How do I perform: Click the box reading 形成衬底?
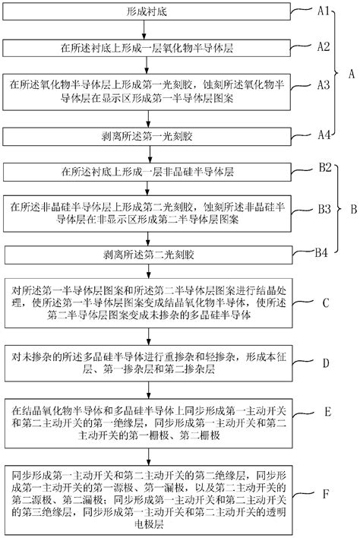coord(150,14)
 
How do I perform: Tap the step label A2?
coord(323,46)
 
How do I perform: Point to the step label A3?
coord(323,85)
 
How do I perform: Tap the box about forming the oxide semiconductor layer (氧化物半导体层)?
coord(150,47)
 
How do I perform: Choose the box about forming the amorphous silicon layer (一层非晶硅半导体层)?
coord(150,172)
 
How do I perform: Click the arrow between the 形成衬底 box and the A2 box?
coord(150,30)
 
